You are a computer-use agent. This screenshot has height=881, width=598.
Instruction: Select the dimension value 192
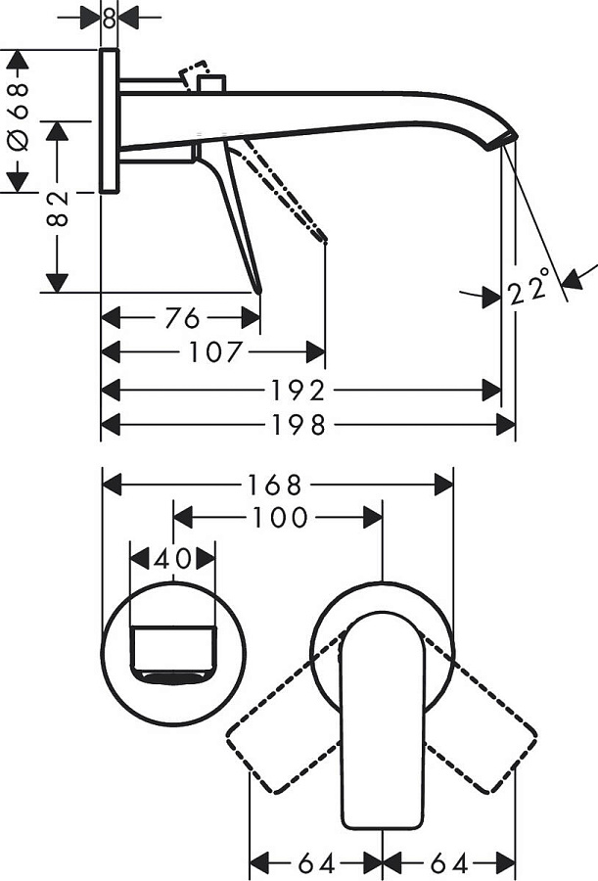coord(299,391)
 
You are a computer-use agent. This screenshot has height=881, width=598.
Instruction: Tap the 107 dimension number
coord(214,352)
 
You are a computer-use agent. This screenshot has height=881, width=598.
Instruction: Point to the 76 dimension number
coord(181,318)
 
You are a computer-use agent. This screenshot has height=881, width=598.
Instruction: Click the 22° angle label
coord(529,291)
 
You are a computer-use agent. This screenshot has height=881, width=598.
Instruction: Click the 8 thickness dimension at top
coord(109,17)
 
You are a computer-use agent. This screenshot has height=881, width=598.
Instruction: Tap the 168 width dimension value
coord(277,485)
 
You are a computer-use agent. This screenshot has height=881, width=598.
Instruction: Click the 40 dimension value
coord(172,559)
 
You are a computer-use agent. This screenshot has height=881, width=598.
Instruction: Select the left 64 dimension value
coord(315,863)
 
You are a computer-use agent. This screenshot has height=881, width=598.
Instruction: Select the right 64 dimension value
coord(449,863)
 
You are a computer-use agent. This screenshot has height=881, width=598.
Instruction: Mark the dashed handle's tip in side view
coord(323,237)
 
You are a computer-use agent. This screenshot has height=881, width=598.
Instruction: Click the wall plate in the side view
coord(110,121)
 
